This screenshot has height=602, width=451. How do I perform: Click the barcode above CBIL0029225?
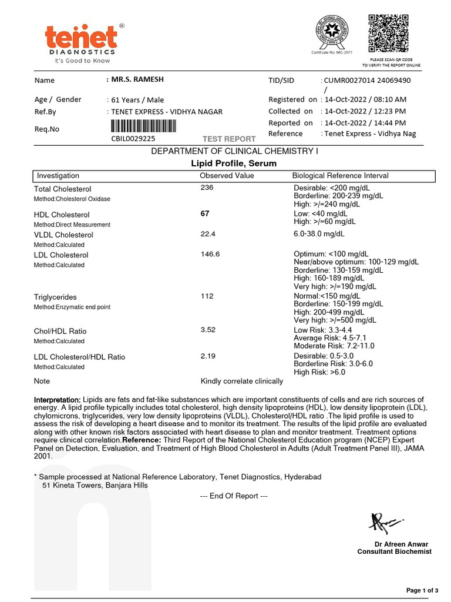click(x=143, y=127)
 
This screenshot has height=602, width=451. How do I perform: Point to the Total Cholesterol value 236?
click(x=207, y=188)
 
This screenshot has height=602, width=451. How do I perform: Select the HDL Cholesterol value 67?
click(x=205, y=213)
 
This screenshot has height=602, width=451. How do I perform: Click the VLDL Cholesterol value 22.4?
click(x=208, y=233)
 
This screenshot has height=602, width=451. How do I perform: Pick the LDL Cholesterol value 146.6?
click(x=210, y=254)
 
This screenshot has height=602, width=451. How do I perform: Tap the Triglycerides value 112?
click(x=207, y=296)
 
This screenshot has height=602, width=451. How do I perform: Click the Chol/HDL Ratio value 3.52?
click(x=208, y=330)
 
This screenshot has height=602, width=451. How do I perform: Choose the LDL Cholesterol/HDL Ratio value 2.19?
click(x=208, y=356)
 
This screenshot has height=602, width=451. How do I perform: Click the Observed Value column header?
click(x=227, y=176)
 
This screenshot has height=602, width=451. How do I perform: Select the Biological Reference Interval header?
click(x=340, y=176)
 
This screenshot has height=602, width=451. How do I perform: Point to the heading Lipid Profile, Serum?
click(x=234, y=163)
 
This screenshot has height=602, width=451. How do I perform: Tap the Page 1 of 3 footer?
click(x=422, y=590)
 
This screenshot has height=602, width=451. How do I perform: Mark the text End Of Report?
click(x=234, y=496)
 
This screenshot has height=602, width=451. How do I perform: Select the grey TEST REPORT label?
click(x=229, y=139)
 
